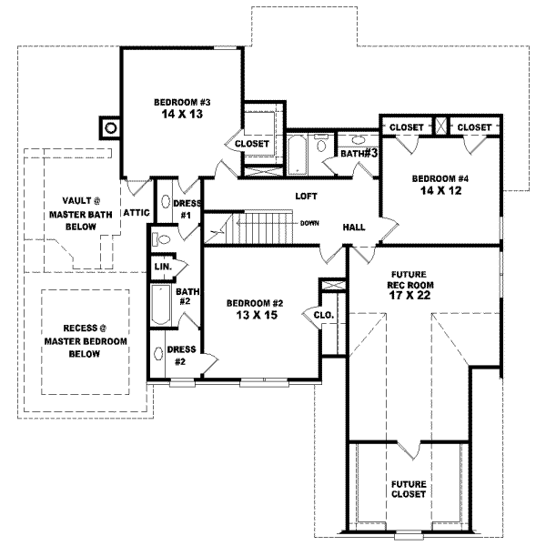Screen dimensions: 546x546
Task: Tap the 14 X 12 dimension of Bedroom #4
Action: (x=440, y=191)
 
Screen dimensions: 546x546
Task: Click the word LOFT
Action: (x=306, y=196)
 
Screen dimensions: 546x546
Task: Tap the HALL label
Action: (x=355, y=227)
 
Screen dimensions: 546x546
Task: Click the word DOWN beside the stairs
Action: (x=309, y=222)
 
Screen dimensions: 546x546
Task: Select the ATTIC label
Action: (x=136, y=212)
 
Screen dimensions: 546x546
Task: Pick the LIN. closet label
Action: (x=163, y=268)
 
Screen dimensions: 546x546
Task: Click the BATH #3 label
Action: (x=359, y=153)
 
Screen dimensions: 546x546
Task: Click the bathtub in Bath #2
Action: (x=159, y=308)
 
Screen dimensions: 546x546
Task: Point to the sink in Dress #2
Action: (x=158, y=355)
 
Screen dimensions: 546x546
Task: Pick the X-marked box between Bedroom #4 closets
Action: (x=440, y=126)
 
